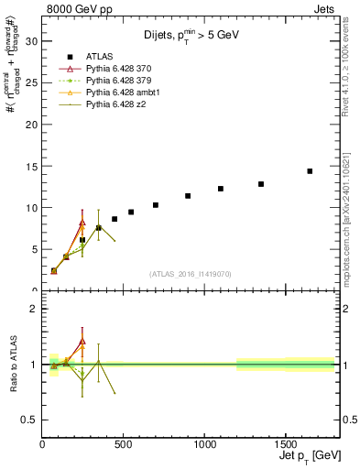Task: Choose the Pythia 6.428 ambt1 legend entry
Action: coord(124,93)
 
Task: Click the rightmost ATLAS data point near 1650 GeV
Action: coord(310,171)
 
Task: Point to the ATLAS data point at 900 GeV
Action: coord(188,196)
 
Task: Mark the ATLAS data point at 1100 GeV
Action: coord(221,189)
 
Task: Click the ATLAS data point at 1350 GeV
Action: coord(261,184)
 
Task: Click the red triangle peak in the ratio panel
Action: coord(82,341)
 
